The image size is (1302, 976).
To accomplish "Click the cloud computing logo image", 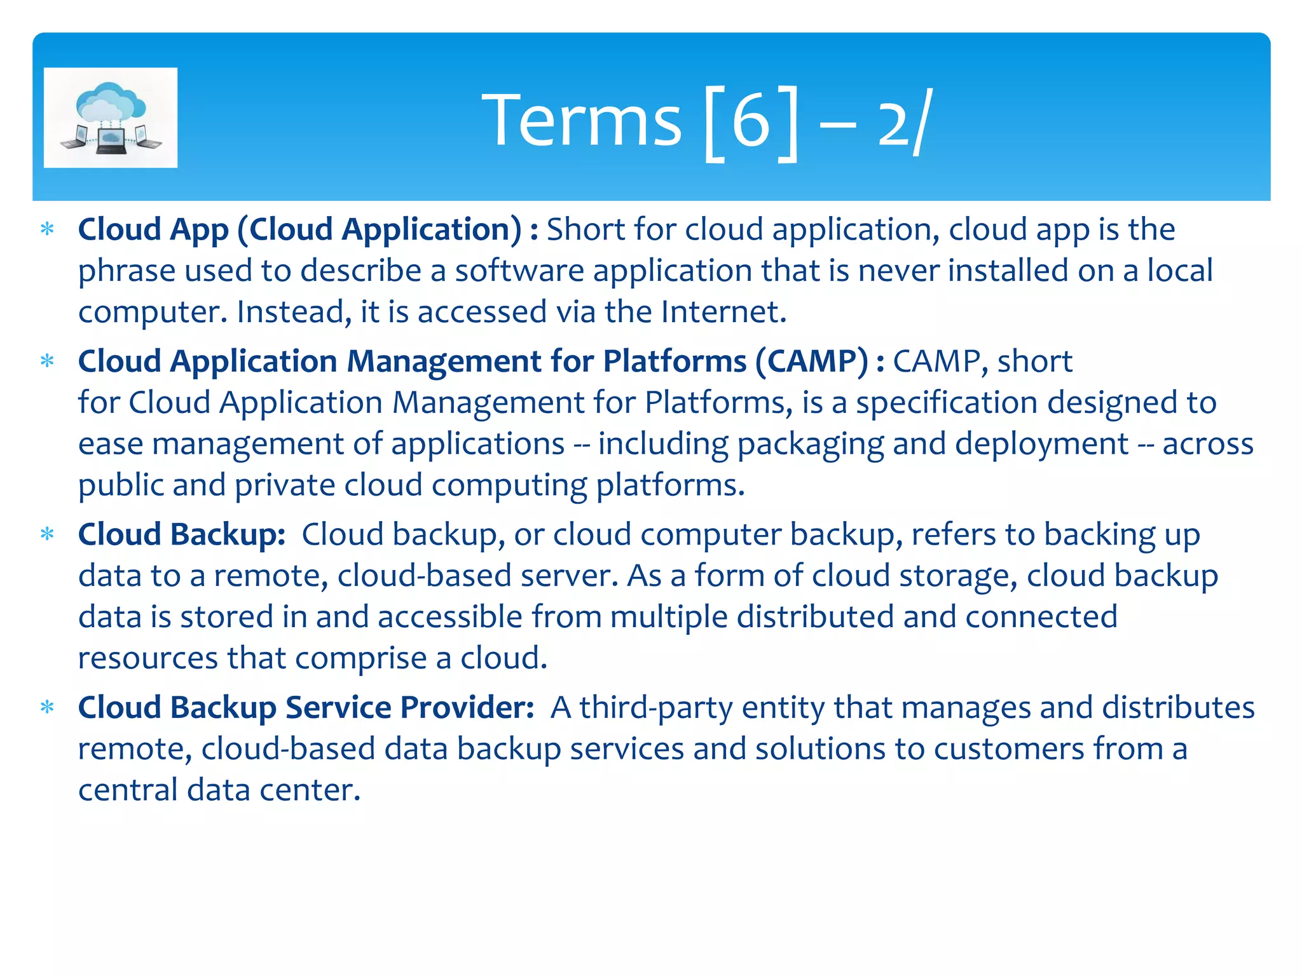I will click(111, 118).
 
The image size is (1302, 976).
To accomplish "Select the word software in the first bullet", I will click(519, 271).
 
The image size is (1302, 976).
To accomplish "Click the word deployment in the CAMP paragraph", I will click(1041, 444).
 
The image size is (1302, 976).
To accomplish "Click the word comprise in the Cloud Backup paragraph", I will click(360, 658).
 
